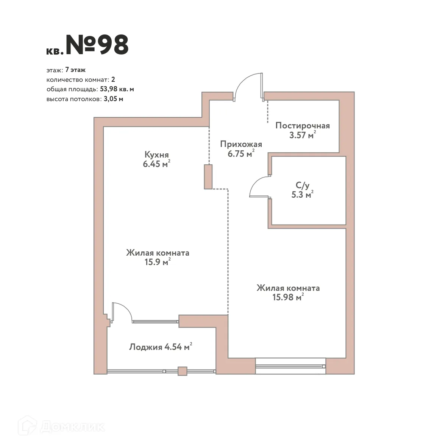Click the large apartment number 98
[97, 45]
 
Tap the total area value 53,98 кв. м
[117, 89]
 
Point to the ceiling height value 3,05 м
[113, 99]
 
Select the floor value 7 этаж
[75, 70]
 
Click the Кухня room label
[156, 155]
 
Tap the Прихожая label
[241, 144]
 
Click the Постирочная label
[303, 125]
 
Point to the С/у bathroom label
[303, 185]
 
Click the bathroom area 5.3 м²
[301, 195]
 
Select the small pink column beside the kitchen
[208, 176]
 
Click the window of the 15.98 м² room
[290, 366]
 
